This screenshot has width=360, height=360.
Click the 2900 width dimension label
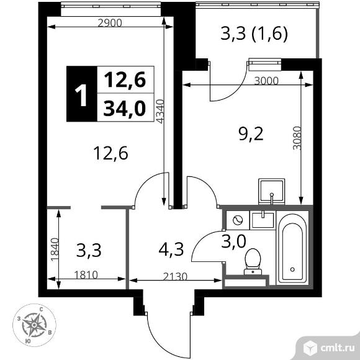click(x=110, y=22)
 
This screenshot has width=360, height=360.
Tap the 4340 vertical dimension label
click(x=160, y=113)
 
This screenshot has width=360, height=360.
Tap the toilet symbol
click(x=253, y=260)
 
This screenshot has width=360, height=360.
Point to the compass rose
click(x=35, y=323)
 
